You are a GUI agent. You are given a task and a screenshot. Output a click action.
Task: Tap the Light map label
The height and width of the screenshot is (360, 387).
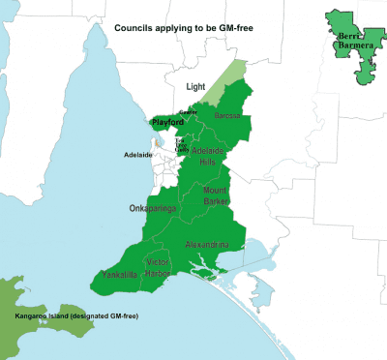[x=195, y=86]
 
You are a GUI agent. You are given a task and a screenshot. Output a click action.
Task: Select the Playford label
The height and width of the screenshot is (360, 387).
[x=166, y=123]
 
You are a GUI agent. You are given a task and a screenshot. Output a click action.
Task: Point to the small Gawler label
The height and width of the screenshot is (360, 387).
[x=188, y=113]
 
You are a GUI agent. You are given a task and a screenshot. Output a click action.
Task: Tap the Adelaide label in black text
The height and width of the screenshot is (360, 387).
[x=138, y=155]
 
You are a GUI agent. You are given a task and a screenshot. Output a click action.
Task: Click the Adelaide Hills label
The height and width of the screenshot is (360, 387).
[x=210, y=158]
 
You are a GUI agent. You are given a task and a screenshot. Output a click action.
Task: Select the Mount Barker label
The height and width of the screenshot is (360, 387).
[x=217, y=196]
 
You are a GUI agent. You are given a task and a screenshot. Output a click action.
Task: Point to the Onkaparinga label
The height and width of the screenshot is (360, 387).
[x=153, y=208]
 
